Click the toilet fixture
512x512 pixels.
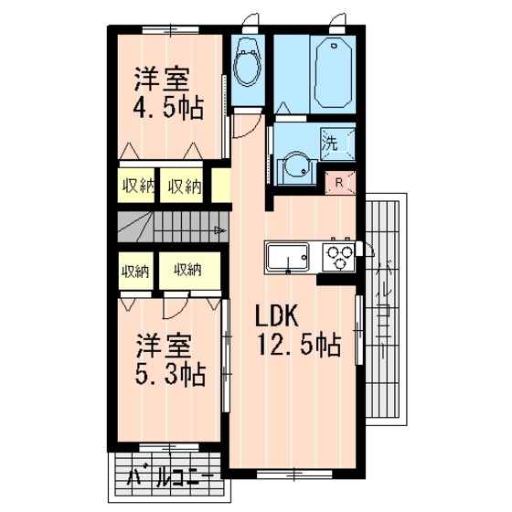point(246,66)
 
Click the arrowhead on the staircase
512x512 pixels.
point(219,230)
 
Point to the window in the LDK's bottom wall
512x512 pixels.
point(283,473)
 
